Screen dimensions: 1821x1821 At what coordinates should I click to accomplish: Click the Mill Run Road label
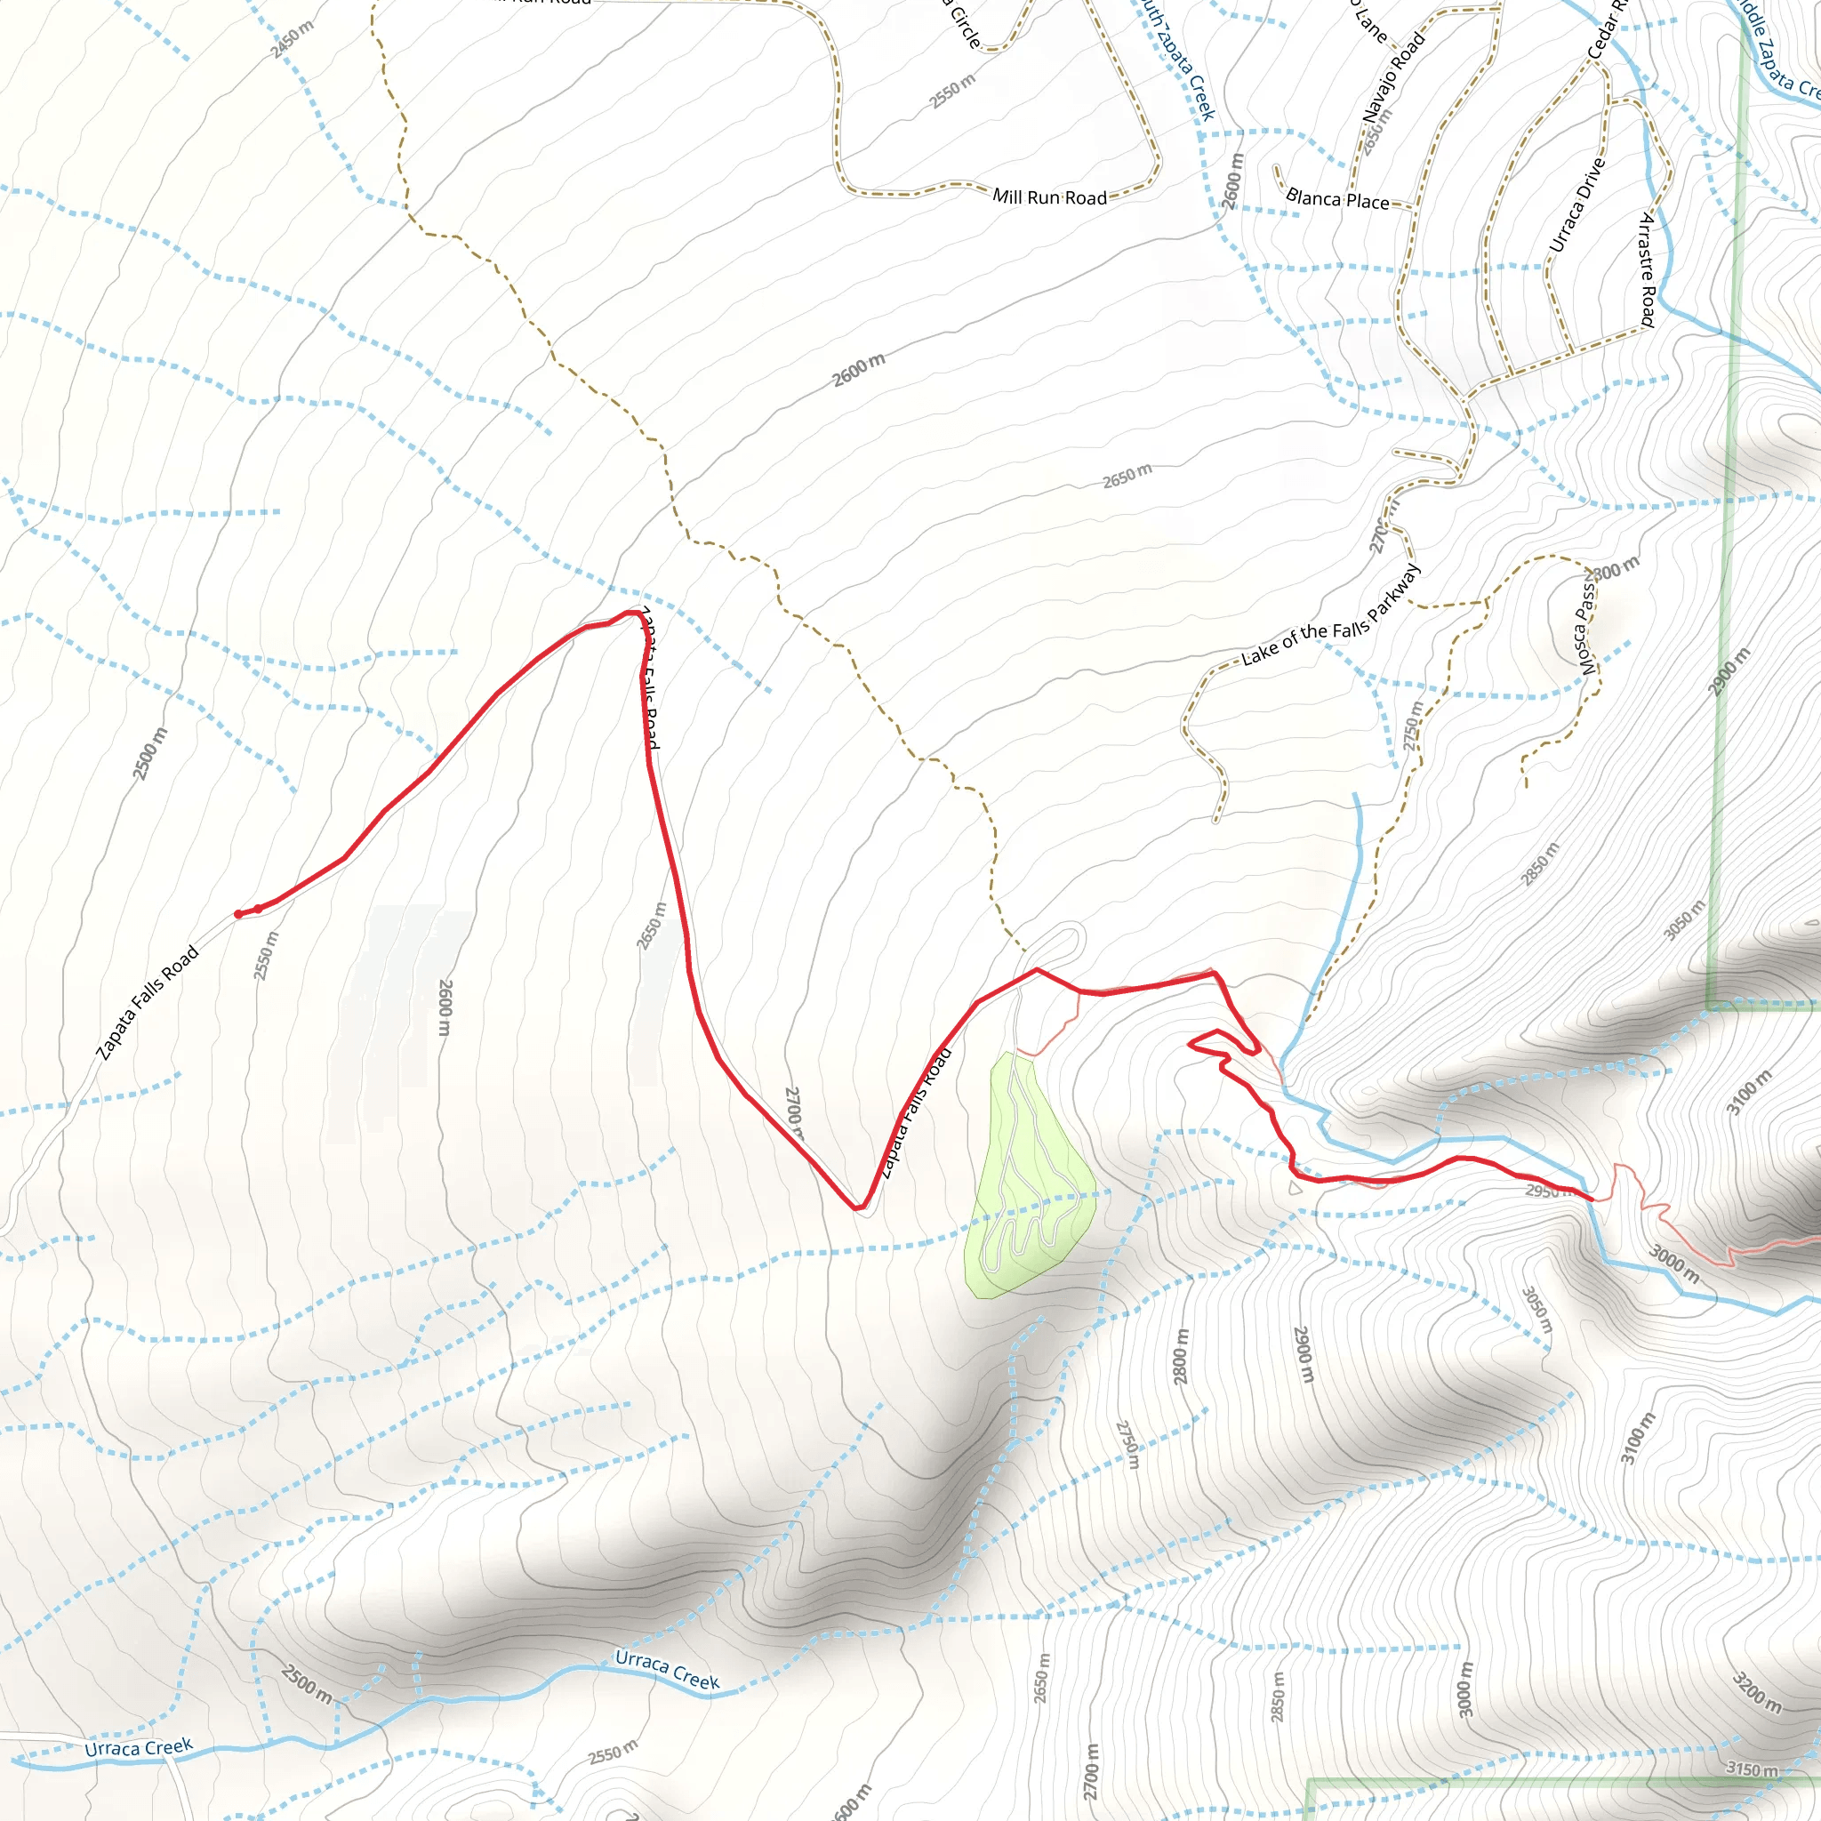(x=1049, y=197)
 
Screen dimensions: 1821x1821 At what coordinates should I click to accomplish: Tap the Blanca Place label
(x=1336, y=199)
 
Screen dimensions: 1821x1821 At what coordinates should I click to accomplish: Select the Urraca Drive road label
(x=1576, y=205)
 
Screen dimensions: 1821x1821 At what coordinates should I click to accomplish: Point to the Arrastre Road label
(x=1647, y=269)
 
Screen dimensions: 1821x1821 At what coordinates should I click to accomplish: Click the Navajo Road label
(x=1394, y=77)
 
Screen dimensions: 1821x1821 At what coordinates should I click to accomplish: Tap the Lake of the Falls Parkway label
(x=1330, y=616)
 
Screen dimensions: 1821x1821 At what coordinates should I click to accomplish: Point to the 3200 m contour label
(x=1757, y=1692)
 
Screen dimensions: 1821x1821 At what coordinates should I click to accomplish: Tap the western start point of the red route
(x=237, y=914)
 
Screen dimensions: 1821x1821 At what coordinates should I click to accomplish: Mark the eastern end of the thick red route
(x=1591, y=1199)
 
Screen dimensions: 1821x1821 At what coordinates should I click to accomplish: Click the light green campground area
(x=1027, y=1178)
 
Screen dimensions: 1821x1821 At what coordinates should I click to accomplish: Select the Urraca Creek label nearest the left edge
(x=139, y=1748)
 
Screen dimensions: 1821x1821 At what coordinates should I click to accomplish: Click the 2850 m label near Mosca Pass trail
(x=1540, y=864)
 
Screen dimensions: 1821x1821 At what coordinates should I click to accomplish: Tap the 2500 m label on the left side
(x=148, y=753)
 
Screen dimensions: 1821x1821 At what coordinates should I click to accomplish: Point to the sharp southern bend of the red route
(x=859, y=1207)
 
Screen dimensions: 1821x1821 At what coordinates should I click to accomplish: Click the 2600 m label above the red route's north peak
(x=859, y=370)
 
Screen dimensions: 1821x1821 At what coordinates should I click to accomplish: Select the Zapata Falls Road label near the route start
(x=148, y=1003)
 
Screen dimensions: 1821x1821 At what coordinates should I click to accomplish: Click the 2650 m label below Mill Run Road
(x=1127, y=476)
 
